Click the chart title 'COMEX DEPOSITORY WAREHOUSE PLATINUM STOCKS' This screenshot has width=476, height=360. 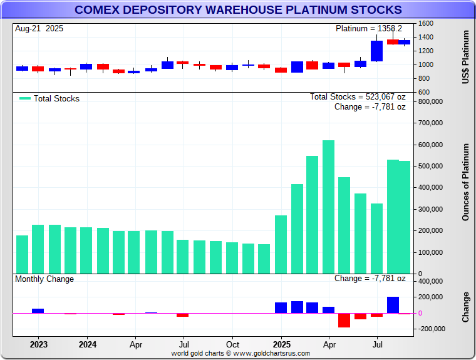coord(238,9)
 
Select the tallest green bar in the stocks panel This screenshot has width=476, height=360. coord(328,207)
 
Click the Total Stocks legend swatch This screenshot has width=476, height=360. coord(25,98)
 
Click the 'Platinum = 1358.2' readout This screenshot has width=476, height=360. coord(369,29)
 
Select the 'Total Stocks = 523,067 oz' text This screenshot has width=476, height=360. coord(358,97)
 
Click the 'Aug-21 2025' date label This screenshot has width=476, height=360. coord(39,29)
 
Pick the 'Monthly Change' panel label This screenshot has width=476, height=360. coord(44,279)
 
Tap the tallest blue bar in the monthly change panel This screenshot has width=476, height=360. coord(393,305)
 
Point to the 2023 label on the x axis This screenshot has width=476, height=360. coord(39,344)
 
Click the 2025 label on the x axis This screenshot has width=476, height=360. coord(282,344)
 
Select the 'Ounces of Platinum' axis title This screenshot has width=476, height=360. coord(465,182)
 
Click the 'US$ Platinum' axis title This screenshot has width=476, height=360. coord(465,58)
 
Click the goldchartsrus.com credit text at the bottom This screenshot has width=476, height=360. coord(241,353)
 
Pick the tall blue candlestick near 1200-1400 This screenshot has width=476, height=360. coord(376,51)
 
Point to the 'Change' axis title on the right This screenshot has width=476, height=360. coord(465,307)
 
